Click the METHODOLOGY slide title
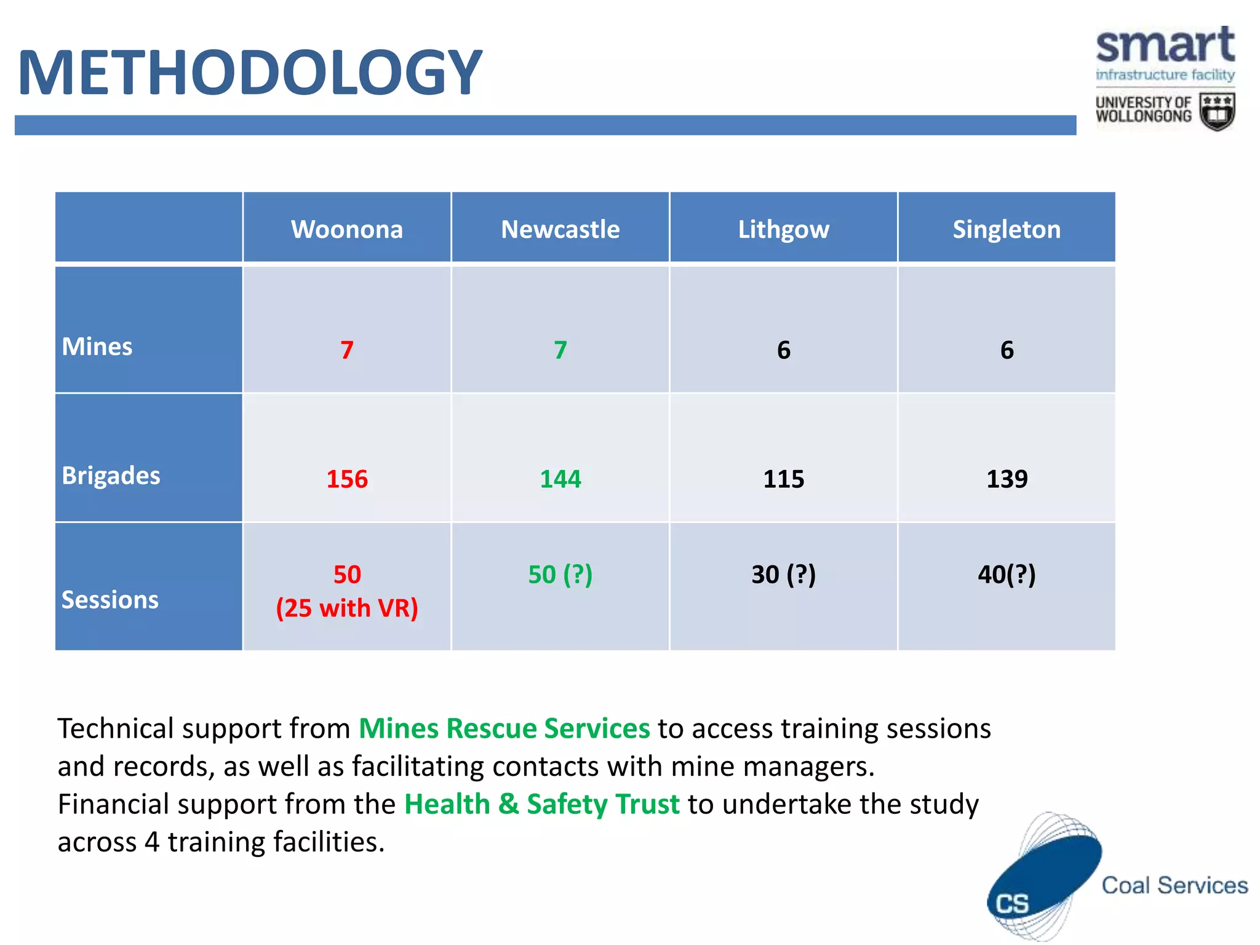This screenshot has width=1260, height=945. coord(250,73)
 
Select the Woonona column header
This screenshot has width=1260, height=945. coord(347,229)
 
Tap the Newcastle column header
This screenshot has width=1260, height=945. coord(560,229)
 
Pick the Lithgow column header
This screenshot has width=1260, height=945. coord(783,229)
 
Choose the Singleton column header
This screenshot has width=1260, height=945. coord(1007,229)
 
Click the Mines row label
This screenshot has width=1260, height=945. coord(97,346)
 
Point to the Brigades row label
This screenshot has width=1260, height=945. coord(111,476)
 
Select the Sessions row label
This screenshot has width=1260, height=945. coord(110,599)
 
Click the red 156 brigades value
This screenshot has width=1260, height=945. coord(347,479)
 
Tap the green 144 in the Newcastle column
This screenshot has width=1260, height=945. coord(560,479)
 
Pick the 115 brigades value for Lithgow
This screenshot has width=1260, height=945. coord(783,479)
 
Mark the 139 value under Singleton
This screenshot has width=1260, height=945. coord(1007,479)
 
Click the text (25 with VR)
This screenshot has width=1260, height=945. coord(347,608)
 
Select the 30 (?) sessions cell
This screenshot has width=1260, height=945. coord(783,575)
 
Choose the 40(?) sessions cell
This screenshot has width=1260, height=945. coord(1007,575)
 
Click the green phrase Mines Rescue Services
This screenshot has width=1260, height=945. coord(504,728)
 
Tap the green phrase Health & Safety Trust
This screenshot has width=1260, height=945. coord(541,804)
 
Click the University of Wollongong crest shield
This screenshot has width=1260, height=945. coord(1217,112)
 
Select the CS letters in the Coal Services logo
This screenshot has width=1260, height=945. coord(1012,904)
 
